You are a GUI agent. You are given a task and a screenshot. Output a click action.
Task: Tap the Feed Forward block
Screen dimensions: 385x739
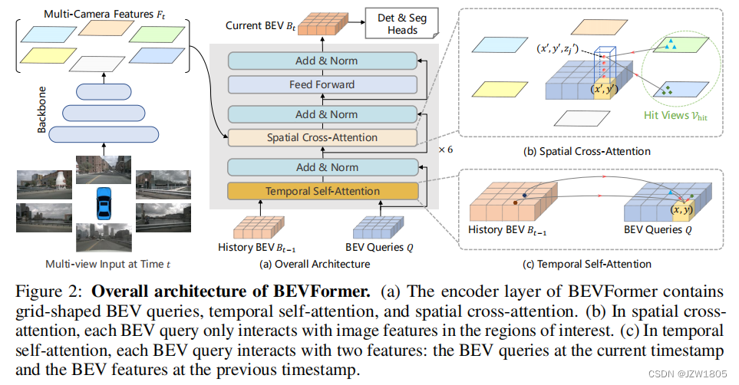322,84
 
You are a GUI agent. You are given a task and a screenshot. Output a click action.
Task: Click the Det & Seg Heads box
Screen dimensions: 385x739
398,23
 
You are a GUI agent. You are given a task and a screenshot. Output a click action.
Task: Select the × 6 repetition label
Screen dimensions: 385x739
445,150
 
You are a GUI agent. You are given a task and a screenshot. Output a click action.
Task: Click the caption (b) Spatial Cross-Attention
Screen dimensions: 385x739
586,151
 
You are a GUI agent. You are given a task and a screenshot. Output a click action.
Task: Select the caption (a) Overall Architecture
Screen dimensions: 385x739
322,264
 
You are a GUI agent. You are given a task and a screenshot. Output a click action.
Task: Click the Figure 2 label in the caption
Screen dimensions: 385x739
46,293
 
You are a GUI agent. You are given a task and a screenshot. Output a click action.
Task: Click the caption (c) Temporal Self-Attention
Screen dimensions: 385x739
586,264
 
